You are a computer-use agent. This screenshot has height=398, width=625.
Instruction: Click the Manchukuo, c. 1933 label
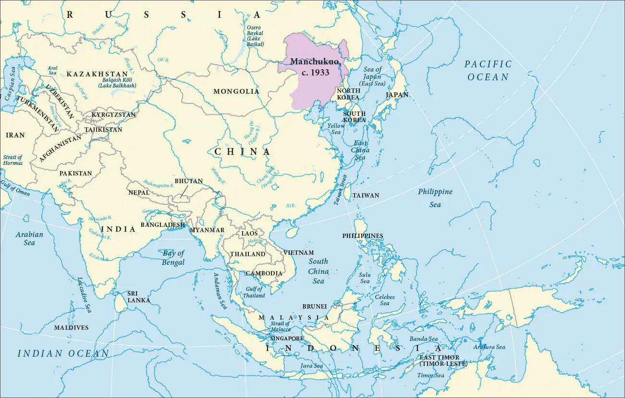(310, 67)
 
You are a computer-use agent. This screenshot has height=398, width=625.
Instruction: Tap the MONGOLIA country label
(236, 91)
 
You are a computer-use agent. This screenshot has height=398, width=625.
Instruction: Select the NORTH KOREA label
(348, 94)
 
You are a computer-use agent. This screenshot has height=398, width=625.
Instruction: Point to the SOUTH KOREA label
(354, 117)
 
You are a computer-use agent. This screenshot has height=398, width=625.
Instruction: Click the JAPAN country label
(397, 95)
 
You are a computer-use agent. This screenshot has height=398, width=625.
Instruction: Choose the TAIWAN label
(366, 196)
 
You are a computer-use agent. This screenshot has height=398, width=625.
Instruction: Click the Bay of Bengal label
(173, 258)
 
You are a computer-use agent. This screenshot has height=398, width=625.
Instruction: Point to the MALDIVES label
(71, 328)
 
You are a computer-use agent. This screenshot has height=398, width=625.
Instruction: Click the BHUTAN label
(188, 181)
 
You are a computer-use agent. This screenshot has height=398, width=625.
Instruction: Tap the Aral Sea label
(53, 71)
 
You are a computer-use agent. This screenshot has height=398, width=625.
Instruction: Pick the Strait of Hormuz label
(13, 160)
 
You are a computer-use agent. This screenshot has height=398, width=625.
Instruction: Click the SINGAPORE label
(286, 338)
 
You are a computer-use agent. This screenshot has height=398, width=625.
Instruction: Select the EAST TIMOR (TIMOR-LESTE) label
(443, 361)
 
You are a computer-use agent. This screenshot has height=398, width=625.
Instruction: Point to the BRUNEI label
(315, 306)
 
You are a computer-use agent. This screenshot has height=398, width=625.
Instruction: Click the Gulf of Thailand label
(254, 292)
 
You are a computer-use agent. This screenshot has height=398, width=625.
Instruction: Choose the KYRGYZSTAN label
(113, 115)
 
